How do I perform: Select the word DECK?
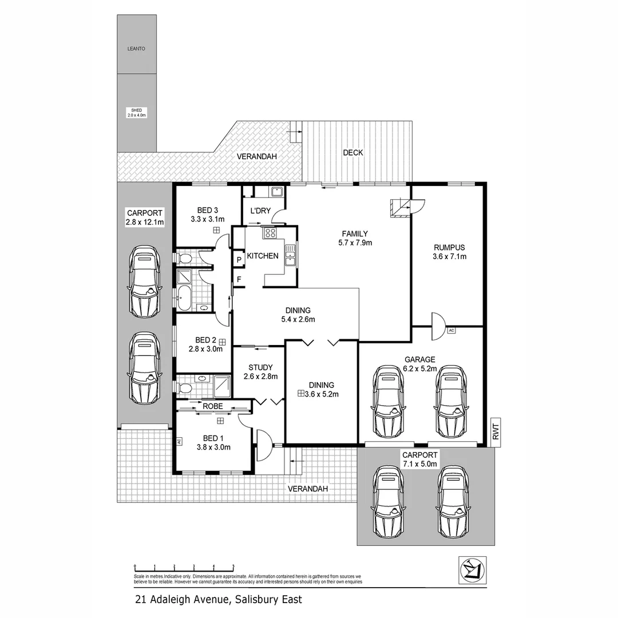coord(352,153)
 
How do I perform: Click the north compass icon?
coord(473,570)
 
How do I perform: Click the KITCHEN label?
coord(263,256)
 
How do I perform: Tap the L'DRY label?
coord(260,211)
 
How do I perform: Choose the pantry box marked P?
coord(239,259)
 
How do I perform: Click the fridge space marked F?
coord(239,280)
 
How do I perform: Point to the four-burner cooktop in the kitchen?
coord(270,233)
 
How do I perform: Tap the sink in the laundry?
coord(276,192)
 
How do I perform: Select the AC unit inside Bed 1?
coord(179,441)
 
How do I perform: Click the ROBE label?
coord(212,406)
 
